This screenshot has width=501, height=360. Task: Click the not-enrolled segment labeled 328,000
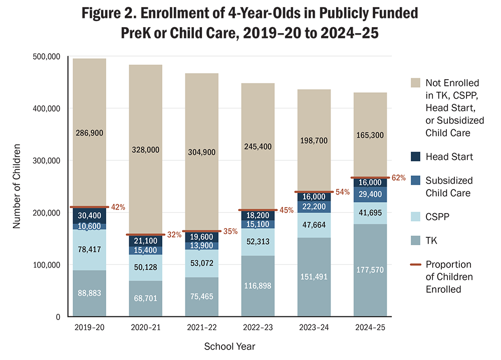click(145, 149)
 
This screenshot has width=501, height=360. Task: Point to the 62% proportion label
click(399, 177)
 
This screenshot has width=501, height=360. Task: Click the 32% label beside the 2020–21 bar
click(174, 234)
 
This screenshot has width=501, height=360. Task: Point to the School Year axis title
click(230, 346)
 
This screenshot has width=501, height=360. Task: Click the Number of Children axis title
click(17, 187)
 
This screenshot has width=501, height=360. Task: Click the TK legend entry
click(431, 241)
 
